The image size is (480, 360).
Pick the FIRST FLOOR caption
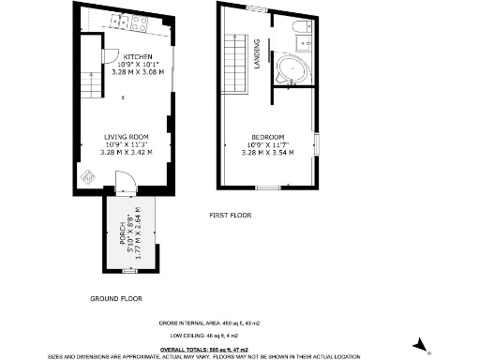(232, 216)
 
